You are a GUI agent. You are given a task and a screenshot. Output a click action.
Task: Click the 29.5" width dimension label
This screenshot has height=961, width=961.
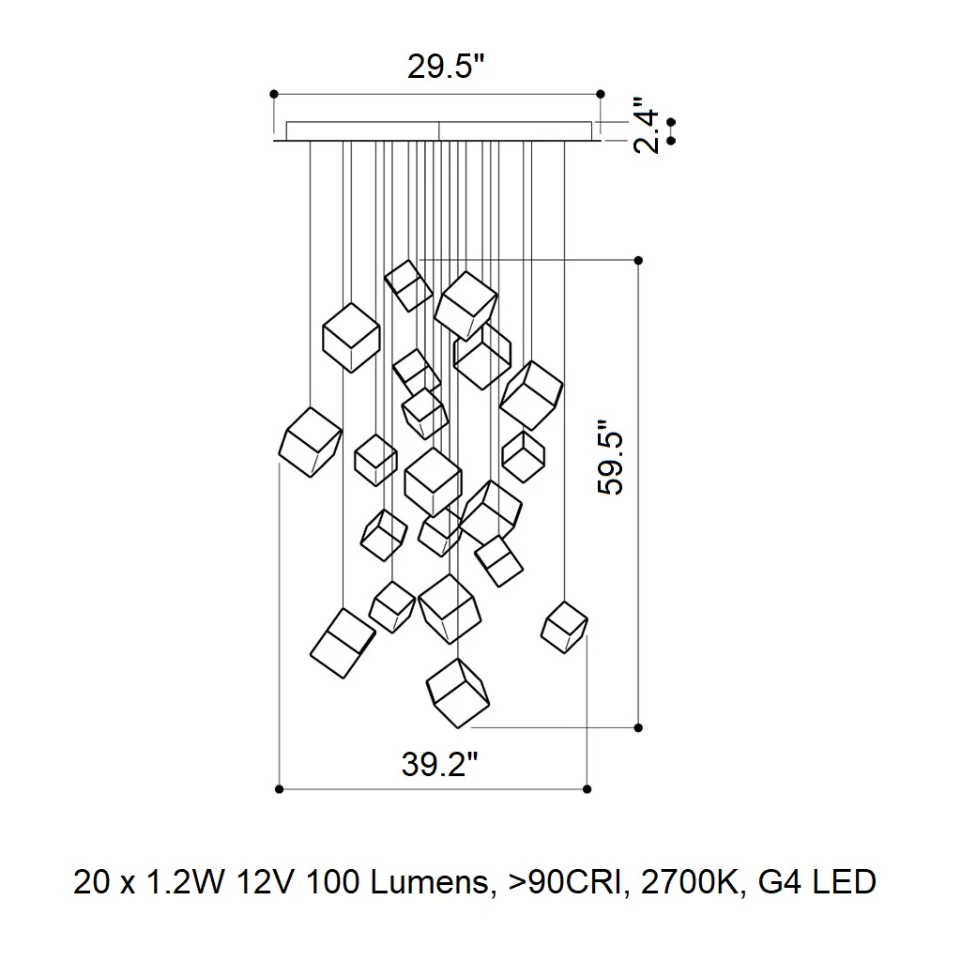click(446, 67)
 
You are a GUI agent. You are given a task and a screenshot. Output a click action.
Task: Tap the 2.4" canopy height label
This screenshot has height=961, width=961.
click(646, 125)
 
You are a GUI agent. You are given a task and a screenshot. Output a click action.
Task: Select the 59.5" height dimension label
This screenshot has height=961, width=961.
click(610, 457)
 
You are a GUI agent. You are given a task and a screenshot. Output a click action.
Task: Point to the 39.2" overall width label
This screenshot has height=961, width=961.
click(439, 764)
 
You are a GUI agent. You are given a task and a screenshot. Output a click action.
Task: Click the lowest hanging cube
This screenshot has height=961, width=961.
click(458, 694)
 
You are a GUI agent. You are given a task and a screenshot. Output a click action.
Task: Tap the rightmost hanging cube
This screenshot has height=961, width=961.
click(564, 628)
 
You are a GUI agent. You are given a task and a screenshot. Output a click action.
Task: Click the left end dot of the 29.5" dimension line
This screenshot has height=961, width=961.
click(274, 95)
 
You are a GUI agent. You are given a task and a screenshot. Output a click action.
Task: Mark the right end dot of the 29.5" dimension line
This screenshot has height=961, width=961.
click(601, 95)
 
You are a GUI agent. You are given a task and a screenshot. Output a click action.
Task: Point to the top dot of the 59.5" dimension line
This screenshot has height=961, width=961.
click(638, 261)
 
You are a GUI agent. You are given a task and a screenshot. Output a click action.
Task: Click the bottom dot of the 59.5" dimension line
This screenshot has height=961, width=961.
click(638, 728)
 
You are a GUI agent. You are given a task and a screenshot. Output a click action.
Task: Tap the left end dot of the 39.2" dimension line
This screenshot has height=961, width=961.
click(280, 789)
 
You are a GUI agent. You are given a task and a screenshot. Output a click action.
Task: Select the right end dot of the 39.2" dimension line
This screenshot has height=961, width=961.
click(587, 789)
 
